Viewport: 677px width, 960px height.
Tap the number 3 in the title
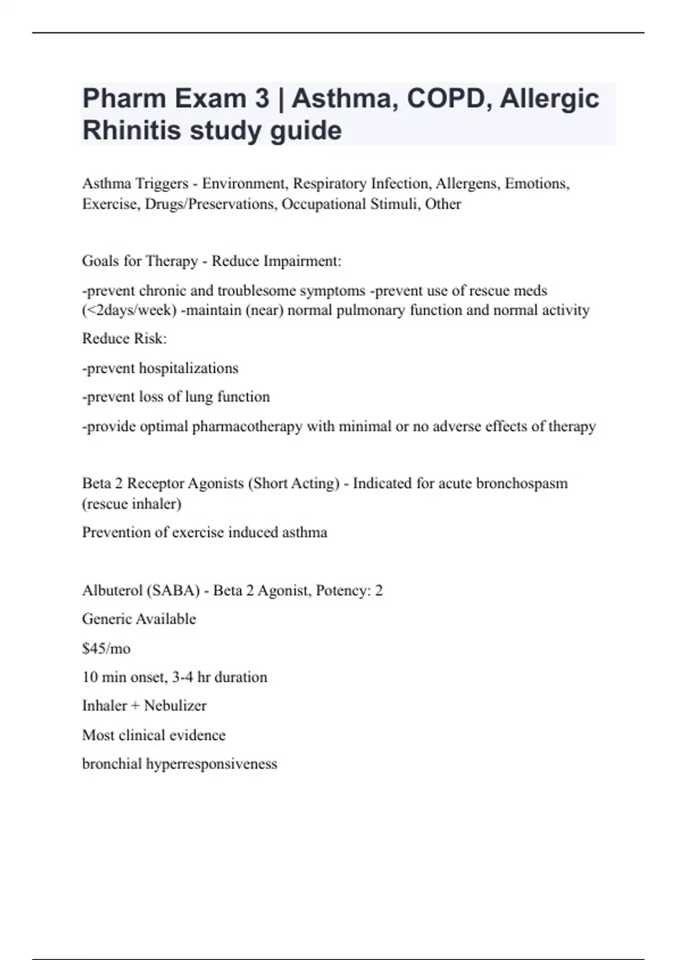pyautogui.click(x=262, y=98)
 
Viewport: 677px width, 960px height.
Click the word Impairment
pyautogui.click(x=304, y=261)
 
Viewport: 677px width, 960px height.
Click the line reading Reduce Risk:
pyautogui.click(x=125, y=338)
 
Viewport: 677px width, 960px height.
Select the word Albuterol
pyautogui.click(x=112, y=591)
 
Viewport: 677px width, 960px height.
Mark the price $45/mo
pyautogui.click(x=106, y=648)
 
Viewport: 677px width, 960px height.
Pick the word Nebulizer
pyautogui.click(x=175, y=706)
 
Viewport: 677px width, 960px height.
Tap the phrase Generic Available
pyautogui.click(x=139, y=619)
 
